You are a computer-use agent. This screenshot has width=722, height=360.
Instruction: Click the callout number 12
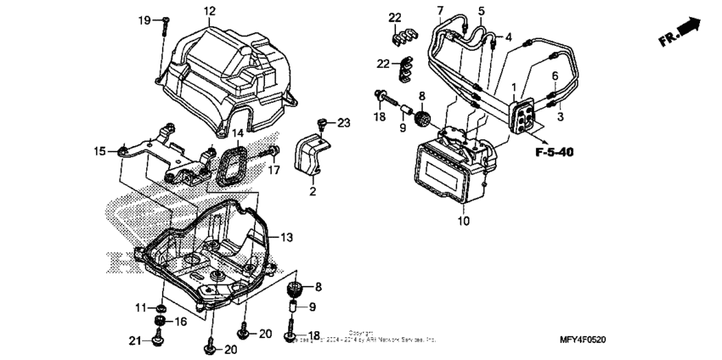tap(209, 11)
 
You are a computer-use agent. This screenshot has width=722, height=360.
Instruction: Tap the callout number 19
tap(144, 20)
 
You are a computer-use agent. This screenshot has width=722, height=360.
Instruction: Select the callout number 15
tap(100, 151)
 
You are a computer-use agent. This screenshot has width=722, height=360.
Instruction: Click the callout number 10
tap(463, 222)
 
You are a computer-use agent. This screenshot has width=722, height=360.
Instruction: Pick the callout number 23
tap(343, 123)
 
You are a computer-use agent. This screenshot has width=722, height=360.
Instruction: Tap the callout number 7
tap(440, 10)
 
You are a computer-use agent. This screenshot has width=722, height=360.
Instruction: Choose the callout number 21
tap(134, 341)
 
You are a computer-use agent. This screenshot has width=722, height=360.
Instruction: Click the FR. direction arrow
tap(685, 31)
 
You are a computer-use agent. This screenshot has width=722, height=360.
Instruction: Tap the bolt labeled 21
tap(157, 340)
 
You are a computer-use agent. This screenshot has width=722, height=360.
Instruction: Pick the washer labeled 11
tap(161, 306)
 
